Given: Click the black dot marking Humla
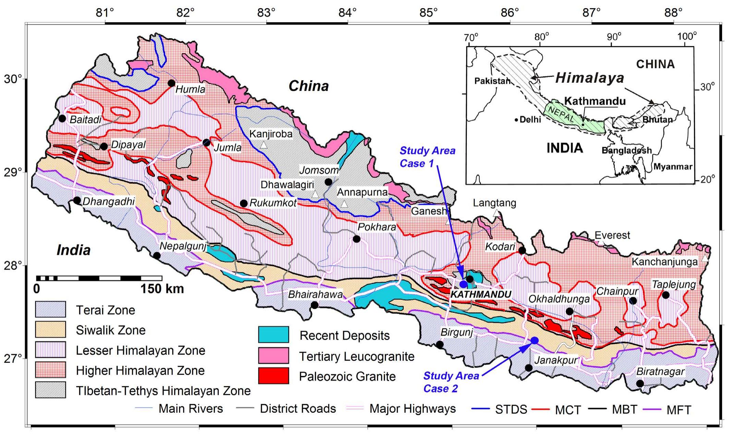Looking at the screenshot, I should (x=172, y=83).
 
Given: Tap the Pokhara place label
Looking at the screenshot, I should (x=377, y=227).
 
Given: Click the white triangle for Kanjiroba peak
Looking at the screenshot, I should (x=263, y=145).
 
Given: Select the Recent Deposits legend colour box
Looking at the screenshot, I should (x=273, y=334).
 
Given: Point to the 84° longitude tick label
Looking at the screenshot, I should (x=347, y=13).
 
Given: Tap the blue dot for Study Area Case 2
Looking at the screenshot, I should (x=534, y=340).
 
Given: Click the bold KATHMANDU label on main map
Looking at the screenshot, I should (x=481, y=294).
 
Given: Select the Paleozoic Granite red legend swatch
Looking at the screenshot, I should (x=273, y=376).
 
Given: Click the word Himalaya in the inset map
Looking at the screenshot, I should (x=589, y=78).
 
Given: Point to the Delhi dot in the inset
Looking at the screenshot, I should (x=516, y=120).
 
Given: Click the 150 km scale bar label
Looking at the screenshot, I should (x=162, y=289).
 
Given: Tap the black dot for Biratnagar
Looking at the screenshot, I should (x=640, y=383).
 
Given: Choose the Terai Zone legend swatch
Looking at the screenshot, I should (x=50, y=309).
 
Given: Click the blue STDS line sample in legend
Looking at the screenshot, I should (x=481, y=409).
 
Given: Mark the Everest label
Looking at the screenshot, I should (x=612, y=235).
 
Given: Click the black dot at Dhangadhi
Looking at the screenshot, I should (x=77, y=200).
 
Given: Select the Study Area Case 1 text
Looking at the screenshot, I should (x=427, y=157).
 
